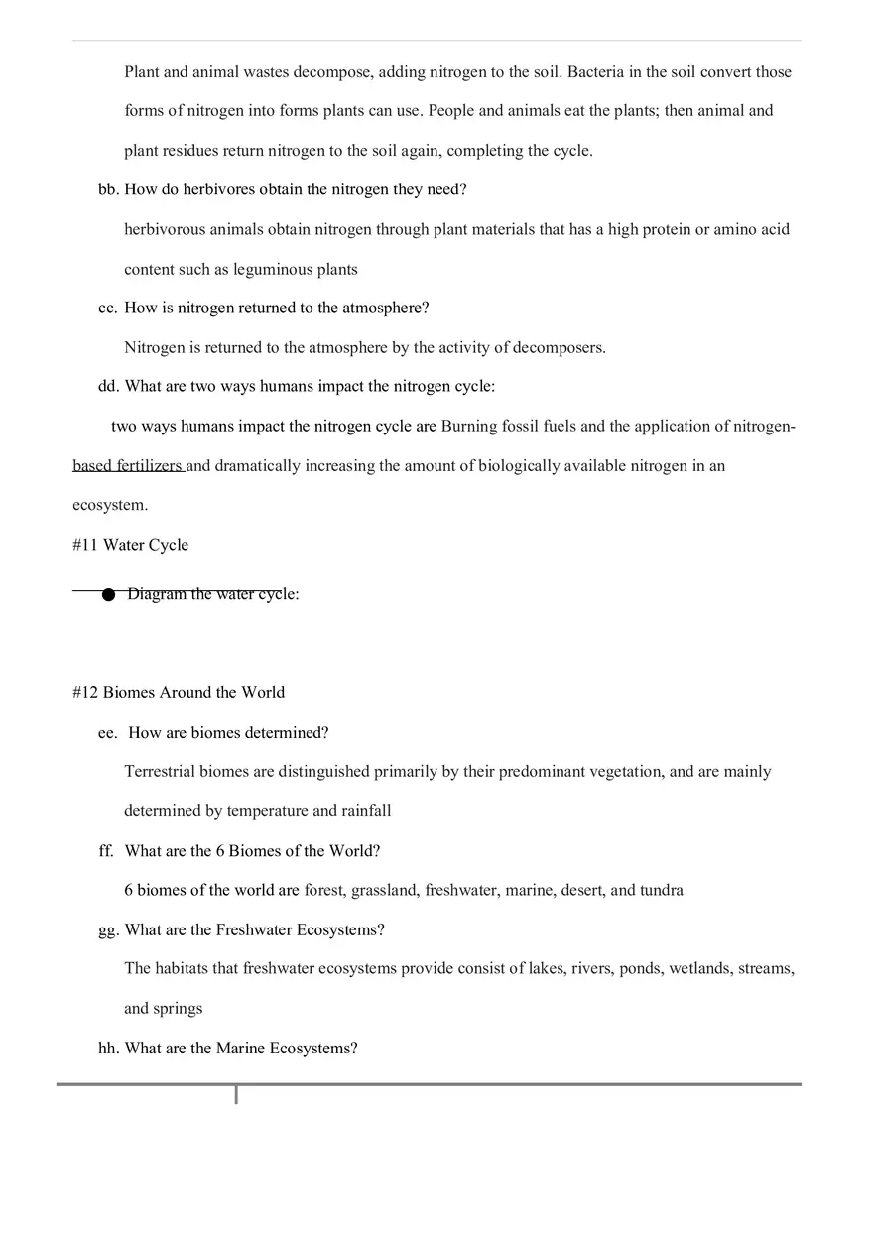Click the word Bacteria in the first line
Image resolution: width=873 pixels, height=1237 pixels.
coord(596,72)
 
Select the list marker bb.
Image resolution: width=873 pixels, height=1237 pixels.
coord(107,189)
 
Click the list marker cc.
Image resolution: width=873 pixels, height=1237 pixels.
coord(107,309)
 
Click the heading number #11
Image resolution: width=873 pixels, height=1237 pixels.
coord(85,545)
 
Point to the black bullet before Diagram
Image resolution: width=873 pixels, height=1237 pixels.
coord(108,594)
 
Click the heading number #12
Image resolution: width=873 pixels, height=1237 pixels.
coord(85,693)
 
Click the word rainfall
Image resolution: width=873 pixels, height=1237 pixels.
coord(367,811)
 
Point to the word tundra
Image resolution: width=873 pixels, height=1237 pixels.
coord(662,890)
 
